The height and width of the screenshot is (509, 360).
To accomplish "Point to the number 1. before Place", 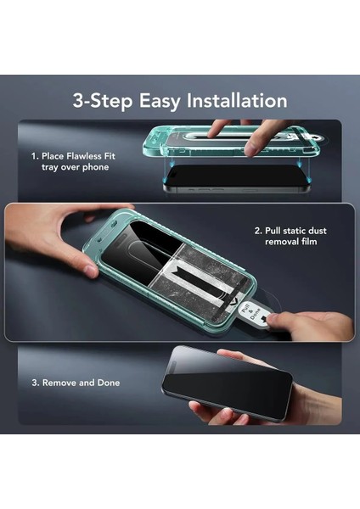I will [37, 155].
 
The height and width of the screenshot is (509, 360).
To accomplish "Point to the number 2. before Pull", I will [258, 231].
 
